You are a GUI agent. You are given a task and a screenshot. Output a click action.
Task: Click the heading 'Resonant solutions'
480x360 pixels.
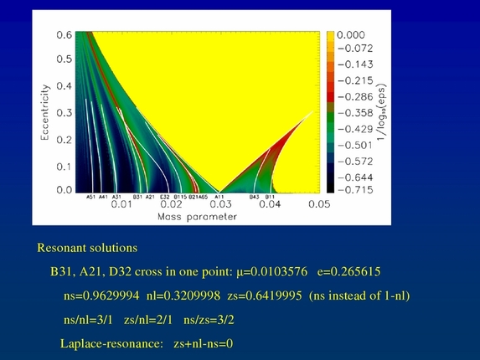coord(87,249)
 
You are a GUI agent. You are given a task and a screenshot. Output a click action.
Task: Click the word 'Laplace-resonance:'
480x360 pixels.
coord(110,343)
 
